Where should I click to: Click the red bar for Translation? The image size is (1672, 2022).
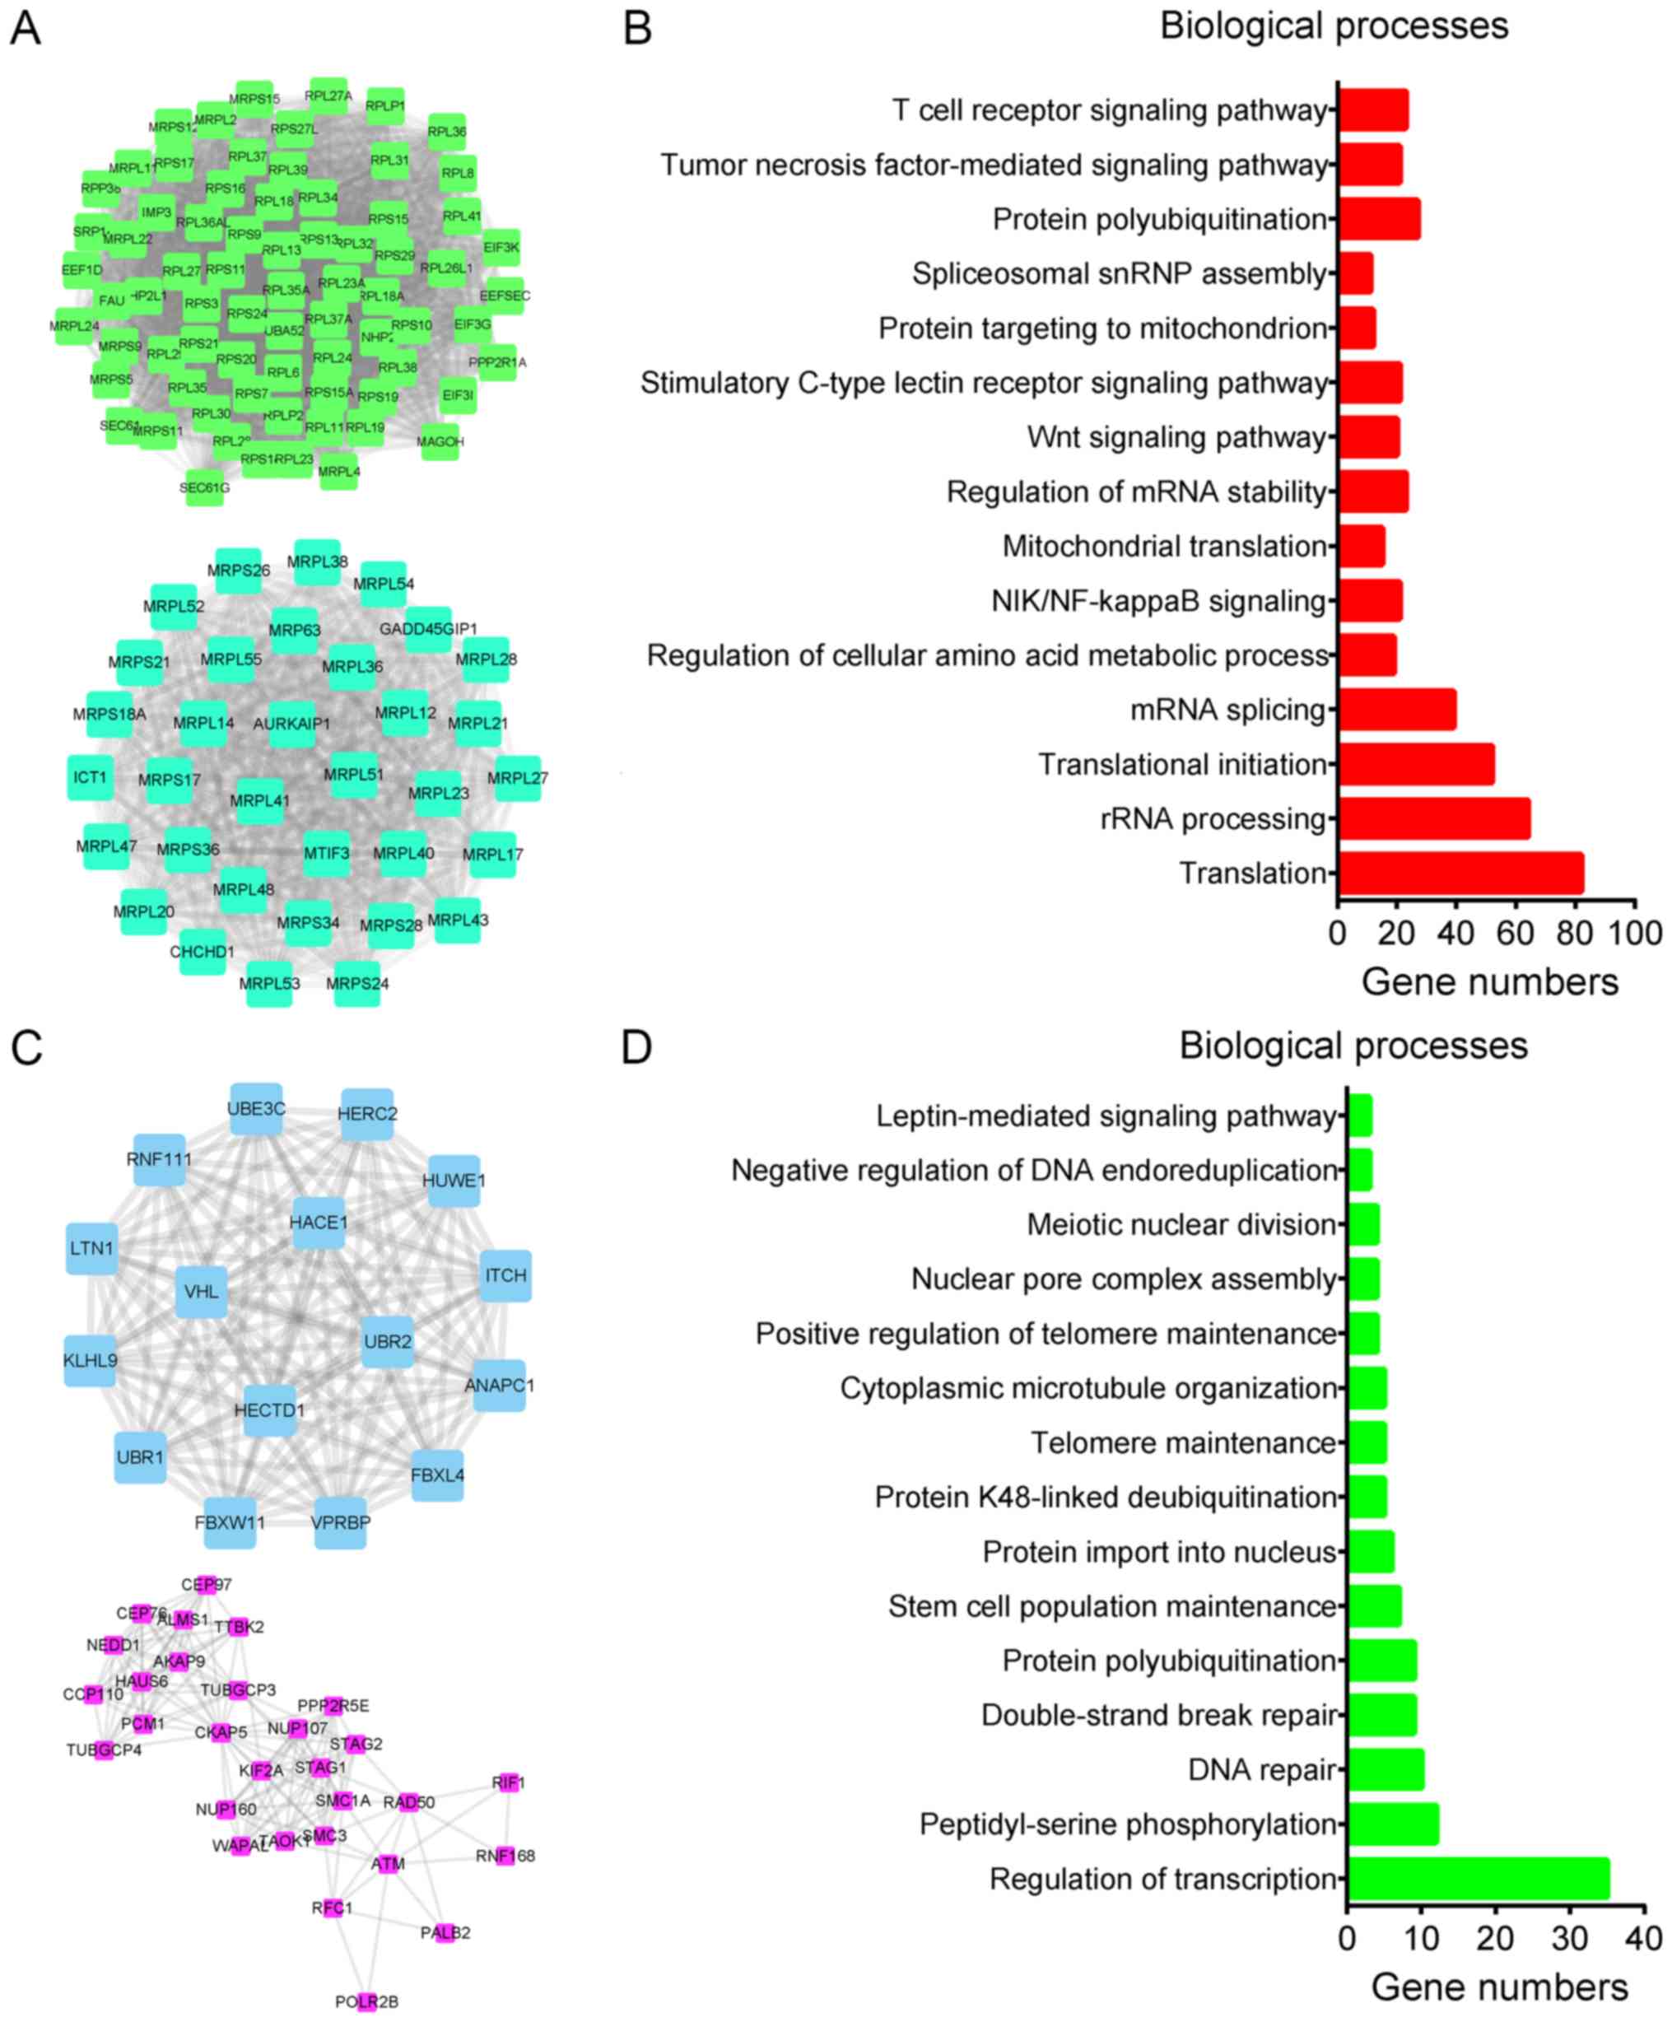pos(1460,874)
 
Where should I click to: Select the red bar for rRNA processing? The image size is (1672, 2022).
pos(1433,818)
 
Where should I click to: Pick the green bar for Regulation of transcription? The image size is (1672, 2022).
pos(1478,1879)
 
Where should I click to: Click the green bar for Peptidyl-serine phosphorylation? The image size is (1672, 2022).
pos(1393,1824)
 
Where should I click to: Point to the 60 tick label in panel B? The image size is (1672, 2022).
pos(1516,933)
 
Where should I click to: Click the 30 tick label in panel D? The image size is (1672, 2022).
pos(1570,1938)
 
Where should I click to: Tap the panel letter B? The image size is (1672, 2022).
pos(637,28)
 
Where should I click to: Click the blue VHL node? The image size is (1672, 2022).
pos(201,1291)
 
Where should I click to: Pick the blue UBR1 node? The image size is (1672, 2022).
pos(141,1456)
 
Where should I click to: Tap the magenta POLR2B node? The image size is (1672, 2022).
pos(366,2001)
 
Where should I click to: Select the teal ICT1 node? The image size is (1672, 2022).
pos(91,776)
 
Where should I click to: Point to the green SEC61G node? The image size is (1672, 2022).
pos(205,488)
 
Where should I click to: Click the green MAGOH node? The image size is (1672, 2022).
pos(440,442)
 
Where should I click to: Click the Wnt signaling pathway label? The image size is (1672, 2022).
pos(1176,437)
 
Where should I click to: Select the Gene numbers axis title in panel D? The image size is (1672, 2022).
pos(1499,1987)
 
